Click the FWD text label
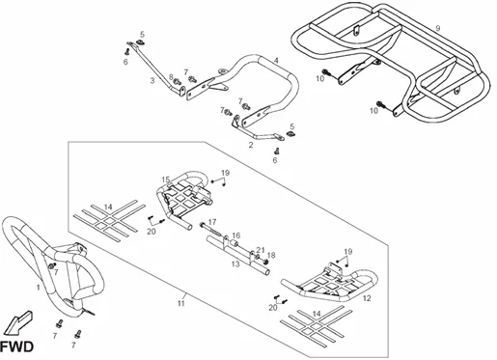16,347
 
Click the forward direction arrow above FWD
20,322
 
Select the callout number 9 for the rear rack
437,28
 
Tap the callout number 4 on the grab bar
276,60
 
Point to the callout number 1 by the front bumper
38,287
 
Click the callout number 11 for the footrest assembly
181,303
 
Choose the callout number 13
235,264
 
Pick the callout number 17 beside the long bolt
212,222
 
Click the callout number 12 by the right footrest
367,298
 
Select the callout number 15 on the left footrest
165,180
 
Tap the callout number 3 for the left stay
152,80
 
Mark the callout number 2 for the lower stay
251,145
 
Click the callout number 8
171,77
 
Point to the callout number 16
235,235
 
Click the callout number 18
271,256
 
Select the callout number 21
261,250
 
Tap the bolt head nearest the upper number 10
325,71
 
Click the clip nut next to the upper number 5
140,42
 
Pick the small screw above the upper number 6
126,51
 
